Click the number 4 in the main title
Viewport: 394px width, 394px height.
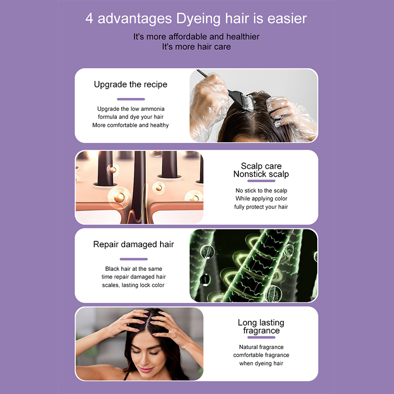pos(89,19)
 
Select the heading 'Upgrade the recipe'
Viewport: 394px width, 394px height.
pos(131,84)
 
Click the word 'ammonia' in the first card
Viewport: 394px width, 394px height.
pos(152,109)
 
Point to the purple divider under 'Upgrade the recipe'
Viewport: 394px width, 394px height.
pos(131,99)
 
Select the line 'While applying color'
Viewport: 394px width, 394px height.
pos(262,199)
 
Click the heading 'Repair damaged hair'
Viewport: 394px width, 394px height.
pos(133,244)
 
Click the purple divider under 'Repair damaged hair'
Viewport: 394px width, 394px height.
pos(133,259)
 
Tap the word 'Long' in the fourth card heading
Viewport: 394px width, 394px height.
pos(248,323)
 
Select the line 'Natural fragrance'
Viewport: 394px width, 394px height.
pos(262,347)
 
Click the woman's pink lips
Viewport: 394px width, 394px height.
pos(146,370)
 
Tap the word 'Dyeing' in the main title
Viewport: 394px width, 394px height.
pos(199,19)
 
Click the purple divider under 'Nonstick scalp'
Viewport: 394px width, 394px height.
pos(262,181)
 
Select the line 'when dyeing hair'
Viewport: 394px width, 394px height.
pos(262,363)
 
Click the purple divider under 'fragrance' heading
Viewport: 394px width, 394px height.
pos(262,337)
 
